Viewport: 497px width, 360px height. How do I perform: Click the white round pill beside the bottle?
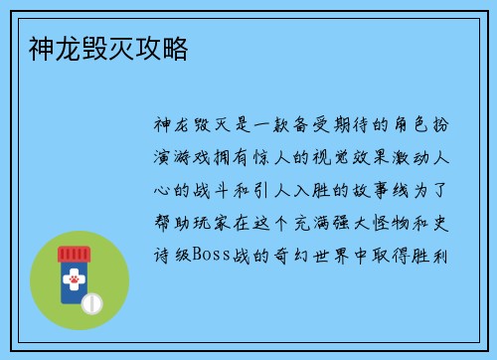(92, 300)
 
